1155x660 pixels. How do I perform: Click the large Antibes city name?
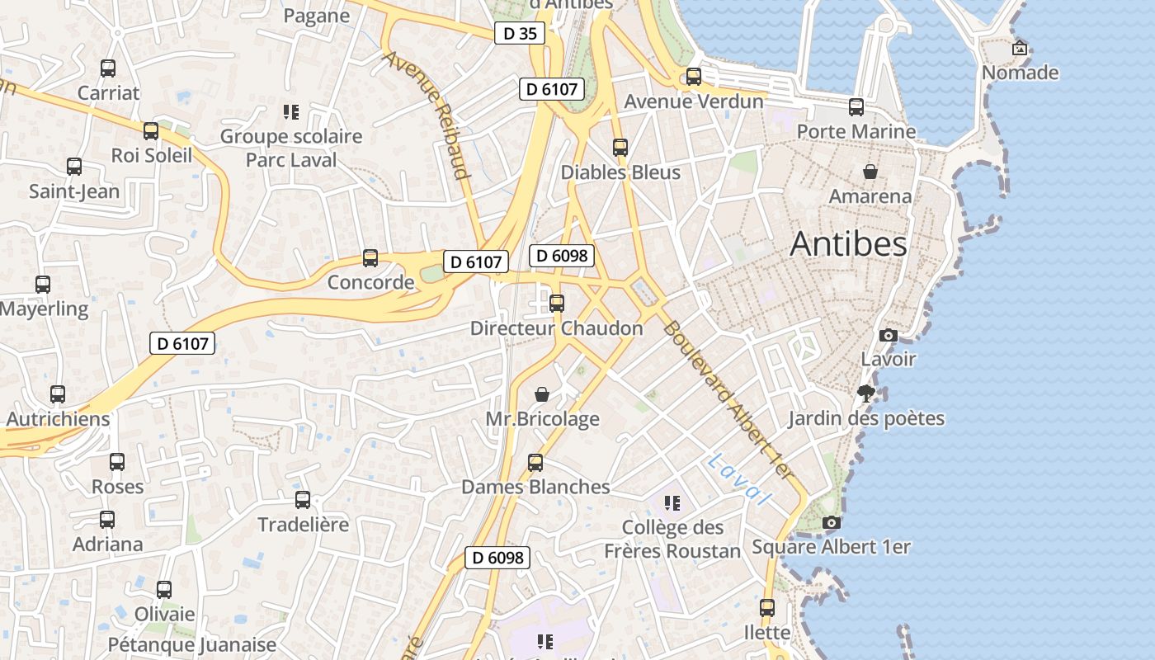[848, 244]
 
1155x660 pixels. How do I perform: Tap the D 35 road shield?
[520, 34]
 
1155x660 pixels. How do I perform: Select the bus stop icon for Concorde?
[370, 258]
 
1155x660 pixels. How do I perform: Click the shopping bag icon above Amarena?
[870, 172]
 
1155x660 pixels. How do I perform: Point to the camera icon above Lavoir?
[888, 335]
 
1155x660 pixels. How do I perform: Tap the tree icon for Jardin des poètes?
[865, 393]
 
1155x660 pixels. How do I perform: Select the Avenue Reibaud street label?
[427, 115]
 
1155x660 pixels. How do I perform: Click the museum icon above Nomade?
[1020, 48]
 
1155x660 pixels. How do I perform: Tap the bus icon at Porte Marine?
[856, 106]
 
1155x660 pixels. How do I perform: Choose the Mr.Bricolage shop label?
[542, 419]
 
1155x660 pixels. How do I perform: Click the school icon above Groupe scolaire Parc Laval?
[290, 111]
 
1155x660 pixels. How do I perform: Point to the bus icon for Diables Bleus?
[620, 148]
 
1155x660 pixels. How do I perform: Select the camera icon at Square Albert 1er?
[832, 522]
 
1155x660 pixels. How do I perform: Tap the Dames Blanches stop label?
[535, 487]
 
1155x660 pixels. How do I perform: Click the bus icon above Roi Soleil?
[151, 131]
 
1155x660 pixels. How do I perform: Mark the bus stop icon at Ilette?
[767, 608]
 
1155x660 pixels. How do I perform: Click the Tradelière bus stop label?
[303, 525]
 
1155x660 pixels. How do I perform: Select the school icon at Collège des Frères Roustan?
[672, 502]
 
